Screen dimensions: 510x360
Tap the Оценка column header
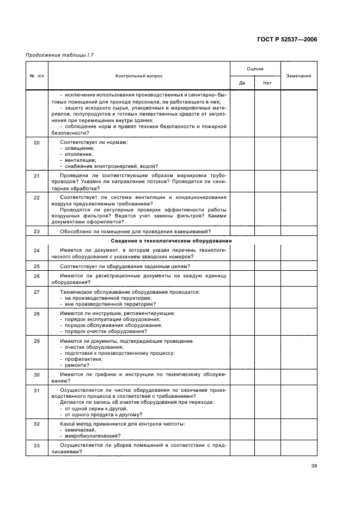click(x=255, y=69)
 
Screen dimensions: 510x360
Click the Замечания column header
click(x=298, y=76)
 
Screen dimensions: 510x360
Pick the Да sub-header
click(x=242, y=83)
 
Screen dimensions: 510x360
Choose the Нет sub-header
click(x=267, y=83)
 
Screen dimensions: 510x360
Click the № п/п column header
click(x=36, y=76)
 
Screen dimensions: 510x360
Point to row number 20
click(x=36, y=142)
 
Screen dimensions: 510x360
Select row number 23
click(x=36, y=231)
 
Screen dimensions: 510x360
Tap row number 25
click(x=36, y=266)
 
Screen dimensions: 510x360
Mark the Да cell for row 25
click(x=242, y=266)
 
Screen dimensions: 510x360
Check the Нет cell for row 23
click(x=267, y=231)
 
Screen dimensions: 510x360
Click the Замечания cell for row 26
click(x=298, y=279)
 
